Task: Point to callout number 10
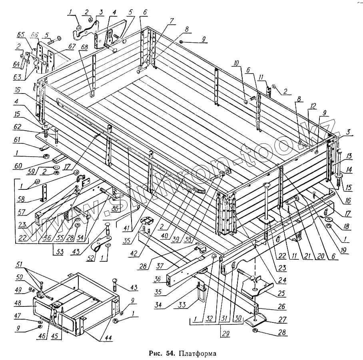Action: [x=236, y=63]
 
